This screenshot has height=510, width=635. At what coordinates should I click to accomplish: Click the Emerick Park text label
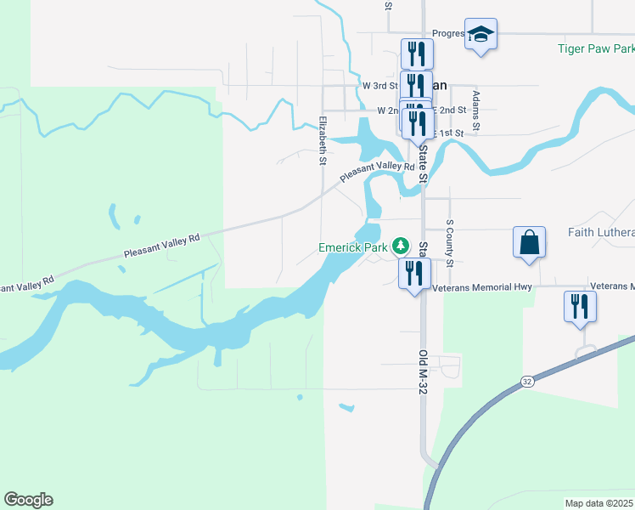(352, 247)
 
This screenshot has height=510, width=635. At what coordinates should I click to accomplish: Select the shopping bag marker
(529, 241)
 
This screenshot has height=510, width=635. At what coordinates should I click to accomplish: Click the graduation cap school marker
(480, 35)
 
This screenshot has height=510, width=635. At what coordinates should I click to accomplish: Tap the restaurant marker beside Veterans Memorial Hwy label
(414, 273)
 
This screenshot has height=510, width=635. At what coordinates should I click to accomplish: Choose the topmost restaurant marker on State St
(417, 54)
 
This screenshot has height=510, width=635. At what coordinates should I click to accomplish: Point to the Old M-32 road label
(422, 372)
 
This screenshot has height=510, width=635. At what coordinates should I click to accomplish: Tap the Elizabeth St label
(323, 139)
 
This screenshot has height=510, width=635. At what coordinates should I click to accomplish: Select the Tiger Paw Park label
(595, 48)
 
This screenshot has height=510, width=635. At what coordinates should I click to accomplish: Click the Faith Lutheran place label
(601, 232)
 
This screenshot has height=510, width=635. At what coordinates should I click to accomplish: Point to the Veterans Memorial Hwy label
(481, 287)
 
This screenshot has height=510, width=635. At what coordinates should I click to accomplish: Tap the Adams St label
(476, 110)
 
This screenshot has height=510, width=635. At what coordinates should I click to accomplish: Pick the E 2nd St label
(451, 110)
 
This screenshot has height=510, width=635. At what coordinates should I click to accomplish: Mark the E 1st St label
(449, 133)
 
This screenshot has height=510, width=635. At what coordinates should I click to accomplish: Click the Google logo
(28, 500)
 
